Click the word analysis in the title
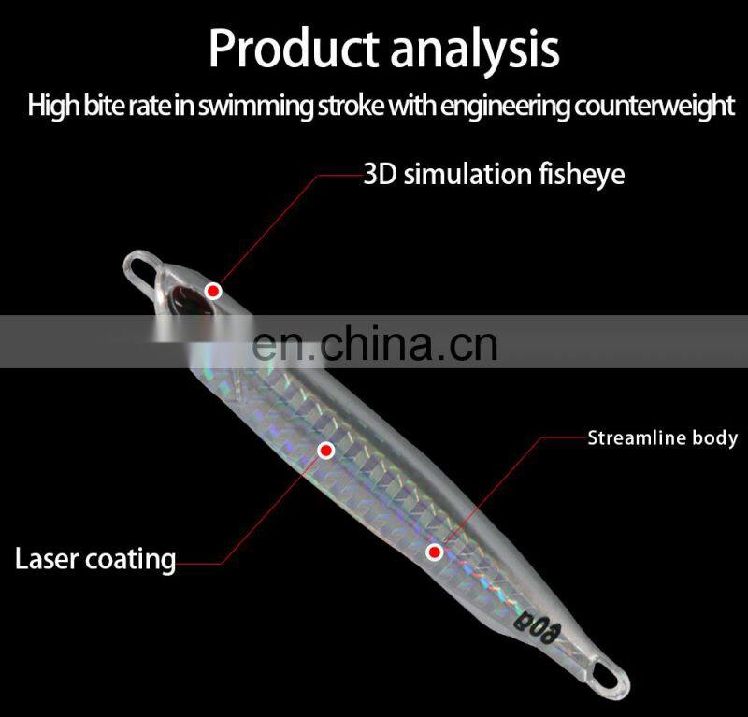(x=475, y=49)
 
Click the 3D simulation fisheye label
(x=494, y=174)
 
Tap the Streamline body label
(x=662, y=437)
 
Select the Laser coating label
(x=95, y=559)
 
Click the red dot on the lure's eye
(x=214, y=290)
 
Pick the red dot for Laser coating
(x=326, y=451)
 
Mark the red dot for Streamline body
(x=434, y=552)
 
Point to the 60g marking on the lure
(x=530, y=618)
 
